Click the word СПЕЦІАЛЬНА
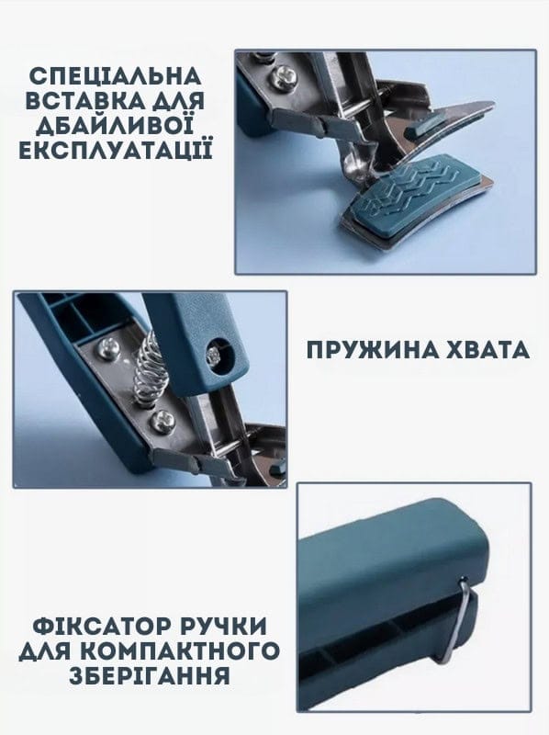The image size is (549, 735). point(116,76)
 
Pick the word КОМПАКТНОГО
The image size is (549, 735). point(181,651)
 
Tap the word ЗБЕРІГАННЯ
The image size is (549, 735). point(150,675)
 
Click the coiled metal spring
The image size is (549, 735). point(151,367)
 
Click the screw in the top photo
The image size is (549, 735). point(283,77)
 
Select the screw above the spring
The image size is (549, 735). point(109,348)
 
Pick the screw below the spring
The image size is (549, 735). point(162,420)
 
